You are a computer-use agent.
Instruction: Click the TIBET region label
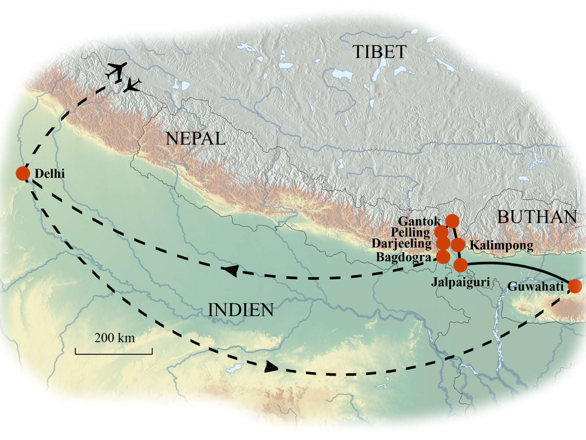pyautogui.click(x=379, y=52)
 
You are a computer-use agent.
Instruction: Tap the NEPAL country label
pyautogui.click(x=195, y=139)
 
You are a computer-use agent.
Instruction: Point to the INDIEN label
pyautogui.click(x=241, y=310)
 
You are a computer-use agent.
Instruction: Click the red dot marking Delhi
pyautogui.click(x=23, y=173)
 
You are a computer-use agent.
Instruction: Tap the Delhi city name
pyautogui.click(x=50, y=174)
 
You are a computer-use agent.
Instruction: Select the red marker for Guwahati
pyautogui.click(x=575, y=286)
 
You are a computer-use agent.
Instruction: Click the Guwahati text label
pyautogui.click(x=535, y=287)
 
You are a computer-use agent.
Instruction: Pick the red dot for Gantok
pyautogui.click(x=452, y=221)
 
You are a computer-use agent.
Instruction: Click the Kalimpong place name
pyautogui.click(x=501, y=245)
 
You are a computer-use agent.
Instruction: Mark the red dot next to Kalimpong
pyautogui.click(x=458, y=245)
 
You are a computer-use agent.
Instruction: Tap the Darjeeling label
pyautogui.click(x=402, y=244)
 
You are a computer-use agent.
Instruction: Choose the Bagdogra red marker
pyautogui.click(x=443, y=257)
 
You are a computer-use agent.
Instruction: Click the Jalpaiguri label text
pyautogui.click(x=461, y=282)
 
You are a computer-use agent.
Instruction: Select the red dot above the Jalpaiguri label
pyautogui.click(x=460, y=265)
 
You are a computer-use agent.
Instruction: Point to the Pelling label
pyautogui.click(x=411, y=232)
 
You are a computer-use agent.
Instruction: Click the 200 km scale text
pyautogui.click(x=114, y=338)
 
